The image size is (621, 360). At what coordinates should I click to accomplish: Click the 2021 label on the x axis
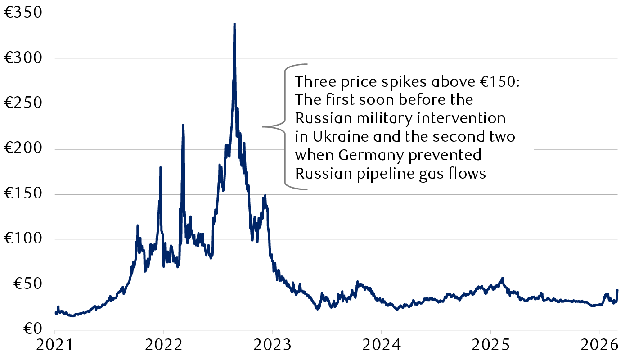[55, 346]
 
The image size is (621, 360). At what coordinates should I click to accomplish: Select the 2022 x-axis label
[164, 346]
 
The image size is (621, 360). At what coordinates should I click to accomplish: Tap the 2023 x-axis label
[272, 346]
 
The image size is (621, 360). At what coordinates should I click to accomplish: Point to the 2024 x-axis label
[381, 346]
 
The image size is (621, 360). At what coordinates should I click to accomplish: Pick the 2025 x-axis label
[490, 346]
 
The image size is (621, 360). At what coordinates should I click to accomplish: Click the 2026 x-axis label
[599, 346]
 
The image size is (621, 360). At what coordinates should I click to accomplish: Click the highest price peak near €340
[234, 24]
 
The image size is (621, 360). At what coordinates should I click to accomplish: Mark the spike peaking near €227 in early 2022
[183, 125]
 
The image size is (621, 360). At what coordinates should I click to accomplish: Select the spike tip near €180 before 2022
[160, 167]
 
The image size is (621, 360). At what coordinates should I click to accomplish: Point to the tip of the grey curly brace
[264, 127]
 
